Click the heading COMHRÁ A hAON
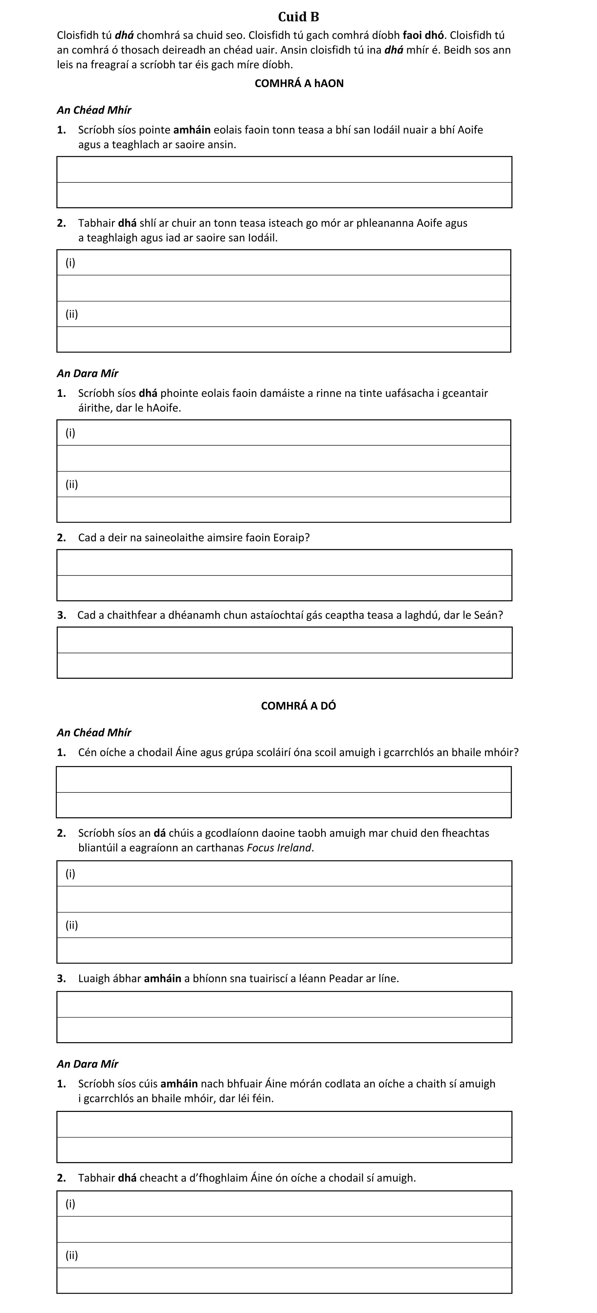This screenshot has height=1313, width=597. tap(299, 83)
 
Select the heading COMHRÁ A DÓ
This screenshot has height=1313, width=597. tap(298, 706)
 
